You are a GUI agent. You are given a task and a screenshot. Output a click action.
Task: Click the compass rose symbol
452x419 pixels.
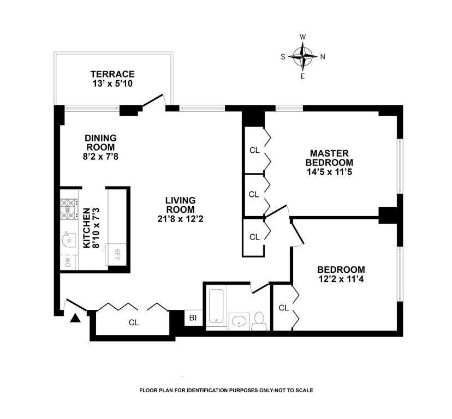click(x=302, y=56)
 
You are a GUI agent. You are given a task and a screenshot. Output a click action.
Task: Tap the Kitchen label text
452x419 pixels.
click(x=86, y=228)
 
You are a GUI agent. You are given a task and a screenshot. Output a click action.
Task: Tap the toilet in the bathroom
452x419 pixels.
click(x=260, y=321)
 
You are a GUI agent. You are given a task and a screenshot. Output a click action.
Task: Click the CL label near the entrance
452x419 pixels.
click(x=134, y=322)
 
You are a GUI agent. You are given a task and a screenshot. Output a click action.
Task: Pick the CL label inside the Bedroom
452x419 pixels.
click(x=283, y=308)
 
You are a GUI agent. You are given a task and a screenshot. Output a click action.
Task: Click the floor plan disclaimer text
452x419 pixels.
click(x=226, y=390)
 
